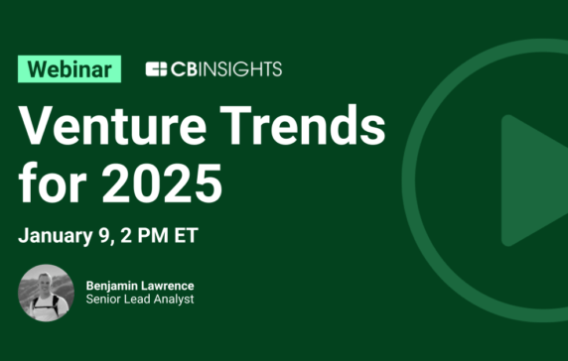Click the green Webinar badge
click(70, 68)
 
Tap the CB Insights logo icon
click(156, 68)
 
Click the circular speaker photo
click(46, 293)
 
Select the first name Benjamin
click(114, 285)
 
